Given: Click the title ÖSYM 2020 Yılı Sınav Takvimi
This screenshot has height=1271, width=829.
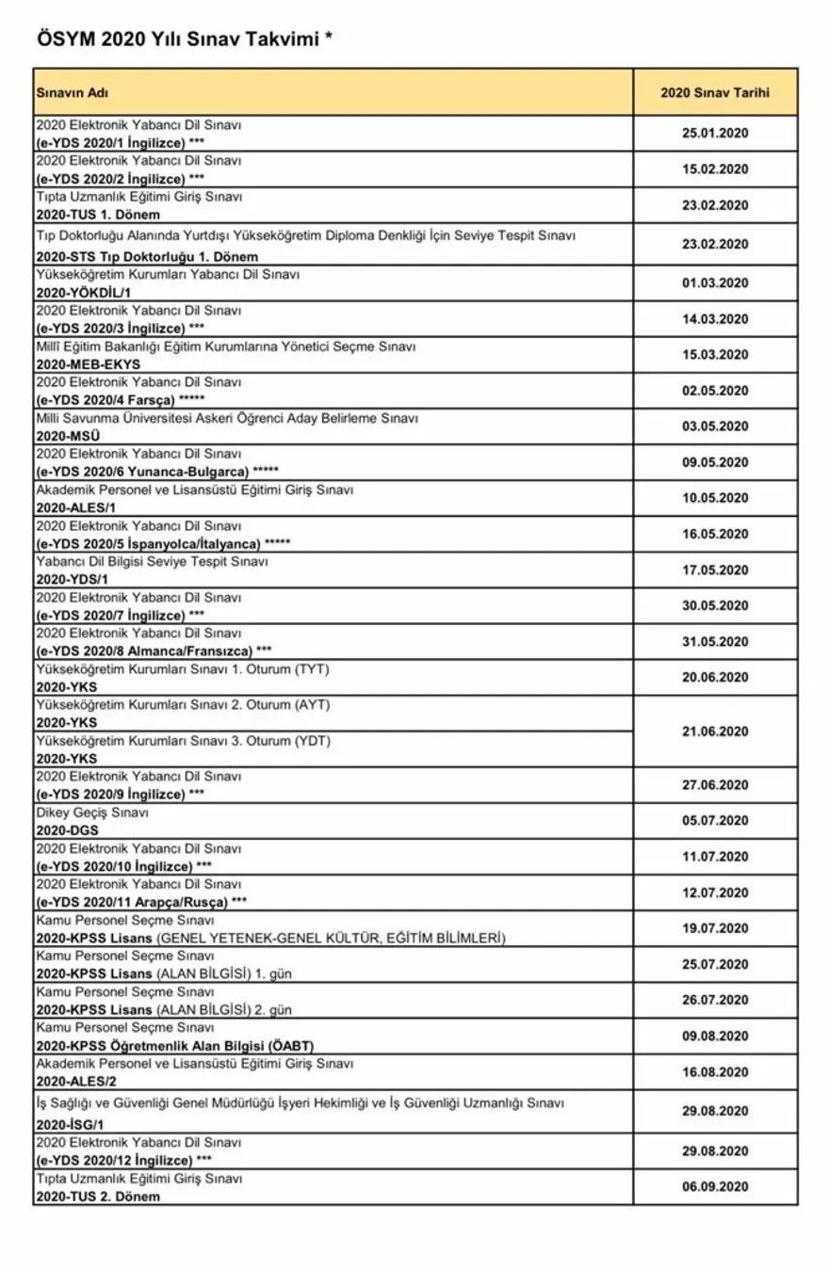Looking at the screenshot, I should point(185,40).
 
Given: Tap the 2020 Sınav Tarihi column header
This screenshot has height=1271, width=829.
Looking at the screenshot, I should point(715,92).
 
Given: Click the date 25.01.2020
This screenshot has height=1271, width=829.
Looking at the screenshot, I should point(715,133).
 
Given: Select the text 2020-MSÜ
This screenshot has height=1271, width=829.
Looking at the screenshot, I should point(68,436).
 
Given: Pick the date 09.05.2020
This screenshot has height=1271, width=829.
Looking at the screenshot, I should point(715,462).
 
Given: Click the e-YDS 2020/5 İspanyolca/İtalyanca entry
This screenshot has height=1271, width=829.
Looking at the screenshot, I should point(163,543).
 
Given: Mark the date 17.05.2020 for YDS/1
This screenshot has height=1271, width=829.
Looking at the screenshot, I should point(715,570).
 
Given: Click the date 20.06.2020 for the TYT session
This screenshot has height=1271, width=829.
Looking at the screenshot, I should point(715,677).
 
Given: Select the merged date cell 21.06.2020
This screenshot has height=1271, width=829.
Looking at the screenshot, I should point(715,732).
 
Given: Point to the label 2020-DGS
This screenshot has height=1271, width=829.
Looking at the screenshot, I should point(67,830).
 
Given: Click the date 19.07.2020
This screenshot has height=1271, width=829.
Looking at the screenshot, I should point(715,928).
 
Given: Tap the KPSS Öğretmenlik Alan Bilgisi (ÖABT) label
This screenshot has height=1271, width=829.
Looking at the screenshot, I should point(174,1046).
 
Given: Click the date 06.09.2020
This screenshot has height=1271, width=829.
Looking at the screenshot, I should point(715,1186).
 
